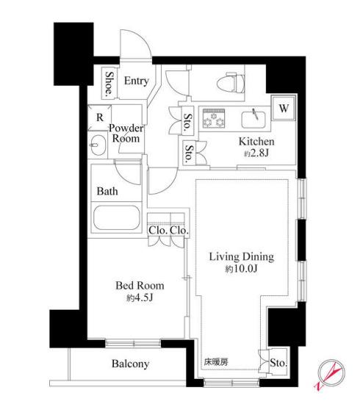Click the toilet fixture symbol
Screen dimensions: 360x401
pos(230,82)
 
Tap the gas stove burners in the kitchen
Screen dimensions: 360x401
pos(214,118)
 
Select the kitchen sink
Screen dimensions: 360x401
pos(253,120)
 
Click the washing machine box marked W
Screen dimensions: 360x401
pos(284,108)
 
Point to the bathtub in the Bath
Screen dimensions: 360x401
pos(117,217)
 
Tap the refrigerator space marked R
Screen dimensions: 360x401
pos(99,118)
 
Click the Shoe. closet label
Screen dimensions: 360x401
pos(109,82)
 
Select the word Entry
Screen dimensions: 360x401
pos(136,81)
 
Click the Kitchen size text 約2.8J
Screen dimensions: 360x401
pos(256,153)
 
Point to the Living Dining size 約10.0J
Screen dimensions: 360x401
pos(241,269)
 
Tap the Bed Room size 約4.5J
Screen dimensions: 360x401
pos(140,297)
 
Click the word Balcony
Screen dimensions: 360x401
pos(130,364)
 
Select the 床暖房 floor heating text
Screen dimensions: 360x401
pos(216,362)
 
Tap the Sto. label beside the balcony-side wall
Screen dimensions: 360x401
pos(278,363)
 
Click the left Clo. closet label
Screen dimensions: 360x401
pos(158,230)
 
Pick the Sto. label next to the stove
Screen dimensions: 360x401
pos(188,120)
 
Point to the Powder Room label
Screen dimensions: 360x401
pos(126,133)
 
